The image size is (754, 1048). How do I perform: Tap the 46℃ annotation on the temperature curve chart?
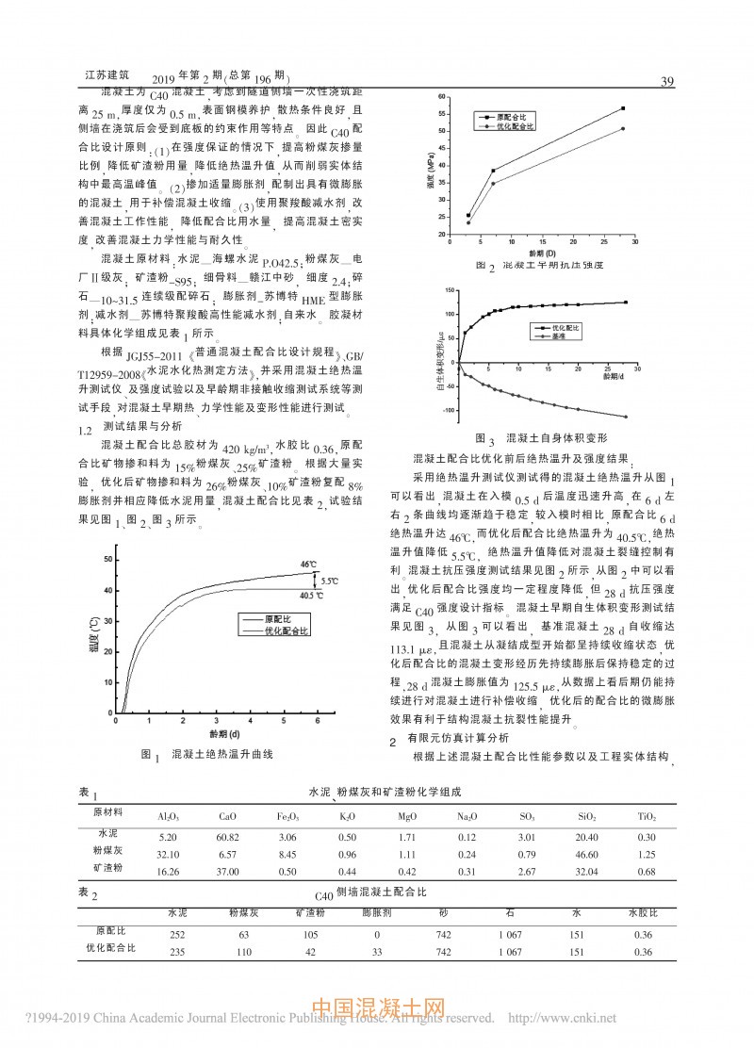pos(308,565)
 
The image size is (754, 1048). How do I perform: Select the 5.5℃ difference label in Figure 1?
pos(330,581)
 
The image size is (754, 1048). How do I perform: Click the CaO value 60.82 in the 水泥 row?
pos(227,837)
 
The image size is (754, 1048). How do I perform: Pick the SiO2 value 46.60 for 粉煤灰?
pos(584,854)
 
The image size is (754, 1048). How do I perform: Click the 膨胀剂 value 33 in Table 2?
pos(376,952)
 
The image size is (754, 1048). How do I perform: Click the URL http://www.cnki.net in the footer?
pos(562,1018)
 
